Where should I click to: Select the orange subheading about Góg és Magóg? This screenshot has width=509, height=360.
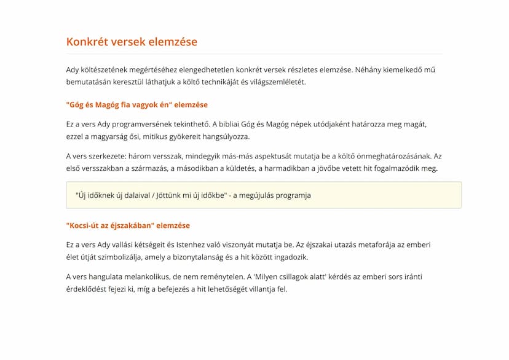click(136, 104)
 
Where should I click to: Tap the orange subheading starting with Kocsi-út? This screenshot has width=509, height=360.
click(128, 225)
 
